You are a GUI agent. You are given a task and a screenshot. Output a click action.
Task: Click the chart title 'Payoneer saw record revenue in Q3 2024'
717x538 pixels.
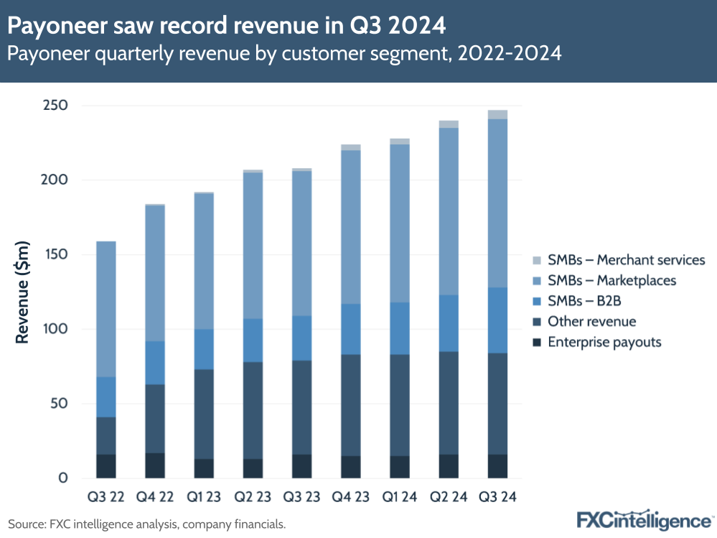tap(227, 27)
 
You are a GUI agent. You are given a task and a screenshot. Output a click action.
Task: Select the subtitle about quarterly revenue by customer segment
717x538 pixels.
tap(284, 54)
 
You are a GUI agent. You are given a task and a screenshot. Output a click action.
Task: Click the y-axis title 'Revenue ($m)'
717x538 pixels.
tap(22, 292)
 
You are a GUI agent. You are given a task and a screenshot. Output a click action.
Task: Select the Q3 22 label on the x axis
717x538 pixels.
tap(106, 496)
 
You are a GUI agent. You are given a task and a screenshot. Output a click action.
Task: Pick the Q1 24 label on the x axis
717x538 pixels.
tap(400, 496)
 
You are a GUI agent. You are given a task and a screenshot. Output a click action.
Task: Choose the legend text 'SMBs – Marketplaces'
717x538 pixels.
tap(611, 280)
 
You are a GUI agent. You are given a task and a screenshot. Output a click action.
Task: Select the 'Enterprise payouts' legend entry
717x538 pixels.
tap(604, 342)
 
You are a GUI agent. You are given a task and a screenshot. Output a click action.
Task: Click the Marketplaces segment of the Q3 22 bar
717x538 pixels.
tap(106, 309)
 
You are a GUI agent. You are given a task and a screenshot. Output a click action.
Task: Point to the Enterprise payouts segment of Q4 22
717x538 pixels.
tap(154, 465)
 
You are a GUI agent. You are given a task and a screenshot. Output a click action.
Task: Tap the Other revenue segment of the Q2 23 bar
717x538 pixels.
tap(253, 410)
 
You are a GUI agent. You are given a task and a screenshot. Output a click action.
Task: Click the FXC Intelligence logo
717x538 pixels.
tap(645, 519)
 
